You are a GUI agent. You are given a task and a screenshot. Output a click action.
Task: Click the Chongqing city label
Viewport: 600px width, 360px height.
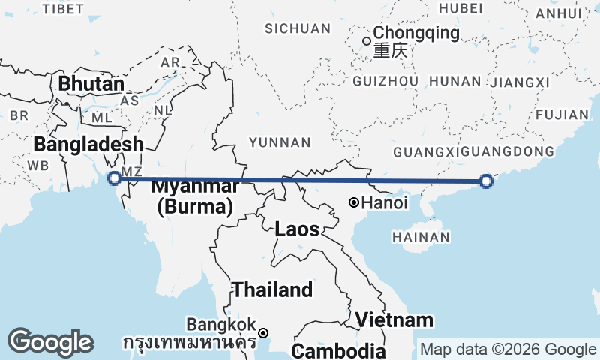416,33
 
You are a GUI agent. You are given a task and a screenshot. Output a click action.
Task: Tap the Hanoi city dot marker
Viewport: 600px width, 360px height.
354,202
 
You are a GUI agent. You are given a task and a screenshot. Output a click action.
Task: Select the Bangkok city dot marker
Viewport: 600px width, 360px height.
263,332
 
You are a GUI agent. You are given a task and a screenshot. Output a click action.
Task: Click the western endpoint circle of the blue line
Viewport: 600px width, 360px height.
114,178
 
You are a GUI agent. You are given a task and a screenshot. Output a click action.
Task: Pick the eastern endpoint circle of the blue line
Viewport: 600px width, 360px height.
485,181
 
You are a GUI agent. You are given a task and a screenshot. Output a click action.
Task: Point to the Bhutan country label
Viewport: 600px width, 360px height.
91,83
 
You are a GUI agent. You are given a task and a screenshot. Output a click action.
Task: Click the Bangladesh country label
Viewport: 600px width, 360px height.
88,144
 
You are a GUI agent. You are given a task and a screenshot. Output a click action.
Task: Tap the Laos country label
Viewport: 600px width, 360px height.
297,229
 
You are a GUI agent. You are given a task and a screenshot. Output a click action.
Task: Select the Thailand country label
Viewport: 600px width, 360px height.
271,289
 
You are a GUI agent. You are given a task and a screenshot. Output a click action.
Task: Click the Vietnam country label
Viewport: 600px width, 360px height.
394,319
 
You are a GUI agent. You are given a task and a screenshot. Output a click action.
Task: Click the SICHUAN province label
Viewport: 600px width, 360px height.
298,28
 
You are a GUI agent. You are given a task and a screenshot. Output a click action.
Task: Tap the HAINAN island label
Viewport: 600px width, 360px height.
421,237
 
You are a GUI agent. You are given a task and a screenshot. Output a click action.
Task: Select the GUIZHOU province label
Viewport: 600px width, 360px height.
385,80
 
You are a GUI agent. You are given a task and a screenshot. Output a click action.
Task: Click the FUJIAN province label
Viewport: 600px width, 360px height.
562,115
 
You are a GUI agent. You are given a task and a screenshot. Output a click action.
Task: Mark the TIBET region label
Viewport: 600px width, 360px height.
63,8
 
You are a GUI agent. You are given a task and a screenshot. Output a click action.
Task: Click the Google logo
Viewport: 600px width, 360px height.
50,342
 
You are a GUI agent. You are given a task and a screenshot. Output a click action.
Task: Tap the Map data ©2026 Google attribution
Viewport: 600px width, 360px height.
508,349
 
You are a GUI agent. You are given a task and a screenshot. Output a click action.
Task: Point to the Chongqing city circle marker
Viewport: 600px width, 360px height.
366,41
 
